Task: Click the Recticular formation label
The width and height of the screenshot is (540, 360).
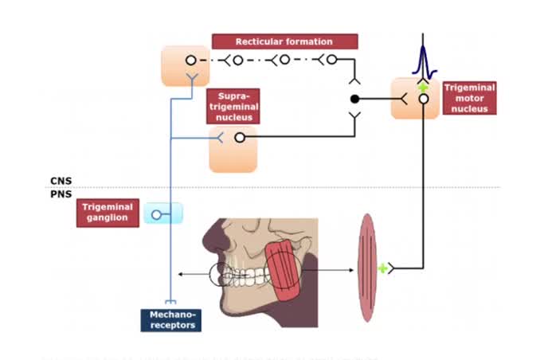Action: coord(284,41)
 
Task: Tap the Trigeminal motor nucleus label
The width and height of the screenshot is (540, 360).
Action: coord(469,98)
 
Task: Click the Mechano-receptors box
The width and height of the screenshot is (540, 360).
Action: coord(172,319)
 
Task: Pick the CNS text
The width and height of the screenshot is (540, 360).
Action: coord(61,181)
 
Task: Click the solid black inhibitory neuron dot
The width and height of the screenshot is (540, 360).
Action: coord(355,99)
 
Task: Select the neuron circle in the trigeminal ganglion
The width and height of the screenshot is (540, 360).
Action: coord(156,213)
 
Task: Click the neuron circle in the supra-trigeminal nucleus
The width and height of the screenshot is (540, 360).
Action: coord(240,137)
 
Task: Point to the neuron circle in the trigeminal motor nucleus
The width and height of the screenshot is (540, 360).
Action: coord(424,99)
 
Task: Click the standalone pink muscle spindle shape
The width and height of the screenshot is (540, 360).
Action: coord(366,268)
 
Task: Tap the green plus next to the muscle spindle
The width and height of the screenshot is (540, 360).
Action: coord(382,269)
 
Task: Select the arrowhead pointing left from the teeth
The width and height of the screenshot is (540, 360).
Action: coord(180,273)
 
